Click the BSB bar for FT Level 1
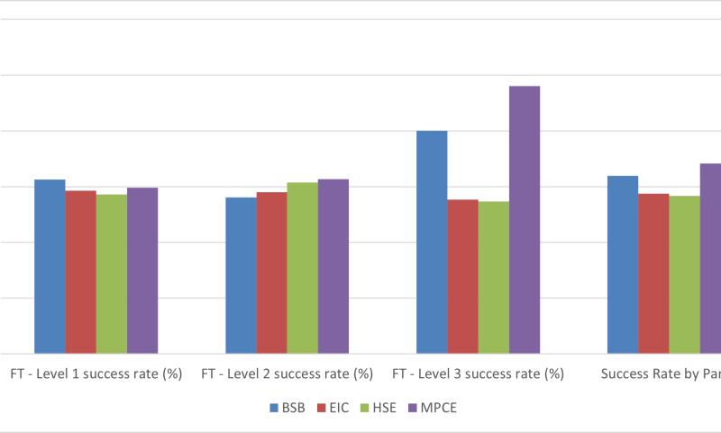50,266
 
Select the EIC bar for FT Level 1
80,272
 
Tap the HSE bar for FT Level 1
112,273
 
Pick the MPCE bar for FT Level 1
142,270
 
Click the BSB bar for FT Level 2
241,275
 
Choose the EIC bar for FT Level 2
271,272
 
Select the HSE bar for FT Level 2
303,267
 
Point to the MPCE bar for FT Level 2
333,266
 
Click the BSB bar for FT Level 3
432,242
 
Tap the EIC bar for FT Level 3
462,276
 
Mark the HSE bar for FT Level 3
494,277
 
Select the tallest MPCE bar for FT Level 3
525,219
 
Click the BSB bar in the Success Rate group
623,264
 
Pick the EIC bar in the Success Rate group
653,273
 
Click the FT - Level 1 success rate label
96,373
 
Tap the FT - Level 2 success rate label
287,373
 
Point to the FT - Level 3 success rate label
478,373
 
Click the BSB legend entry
287,408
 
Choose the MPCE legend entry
434,408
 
